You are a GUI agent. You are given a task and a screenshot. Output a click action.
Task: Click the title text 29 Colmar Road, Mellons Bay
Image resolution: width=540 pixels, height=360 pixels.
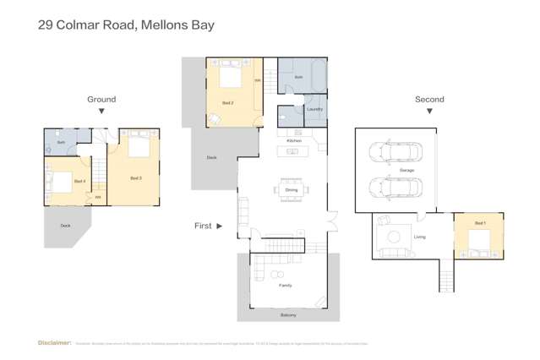point(126,25)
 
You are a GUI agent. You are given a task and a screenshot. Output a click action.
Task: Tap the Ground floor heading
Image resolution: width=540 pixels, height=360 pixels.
point(101,99)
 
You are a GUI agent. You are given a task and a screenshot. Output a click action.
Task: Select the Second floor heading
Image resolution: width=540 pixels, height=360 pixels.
point(429,99)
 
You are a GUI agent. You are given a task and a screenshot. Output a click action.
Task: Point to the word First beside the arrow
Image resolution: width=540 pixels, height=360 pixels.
point(203,226)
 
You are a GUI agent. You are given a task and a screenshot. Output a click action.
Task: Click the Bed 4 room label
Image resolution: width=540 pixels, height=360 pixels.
point(79,181)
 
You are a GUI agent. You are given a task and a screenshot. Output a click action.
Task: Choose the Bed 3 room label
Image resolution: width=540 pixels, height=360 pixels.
point(136,178)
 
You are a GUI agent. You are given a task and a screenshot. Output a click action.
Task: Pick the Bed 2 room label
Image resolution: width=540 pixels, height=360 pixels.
point(227,102)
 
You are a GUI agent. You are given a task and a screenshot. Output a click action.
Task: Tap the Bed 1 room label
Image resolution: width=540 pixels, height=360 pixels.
point(480,223)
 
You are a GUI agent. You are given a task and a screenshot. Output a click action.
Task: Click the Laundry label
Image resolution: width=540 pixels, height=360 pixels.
point(314,109)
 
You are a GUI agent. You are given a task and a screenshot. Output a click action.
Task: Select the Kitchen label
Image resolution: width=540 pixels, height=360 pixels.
point(294,140)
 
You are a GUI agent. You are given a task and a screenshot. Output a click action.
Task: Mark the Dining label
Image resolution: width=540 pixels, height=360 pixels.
point(292,190)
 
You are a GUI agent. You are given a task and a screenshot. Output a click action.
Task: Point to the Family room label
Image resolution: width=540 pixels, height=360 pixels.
point(286,286)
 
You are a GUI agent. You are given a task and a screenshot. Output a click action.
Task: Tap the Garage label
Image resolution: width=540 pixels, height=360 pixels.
point(406,171)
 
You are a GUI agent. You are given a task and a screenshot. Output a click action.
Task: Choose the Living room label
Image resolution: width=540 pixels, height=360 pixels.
point(420,237)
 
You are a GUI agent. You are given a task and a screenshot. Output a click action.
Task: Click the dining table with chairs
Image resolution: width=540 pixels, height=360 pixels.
point(291,189)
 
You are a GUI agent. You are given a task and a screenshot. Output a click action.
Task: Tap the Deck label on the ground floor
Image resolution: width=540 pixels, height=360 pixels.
point(65,226)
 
